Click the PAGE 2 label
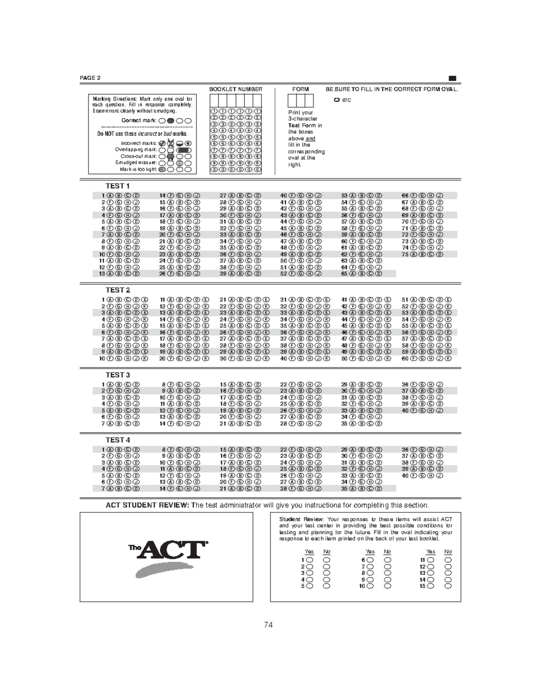coord(90,78)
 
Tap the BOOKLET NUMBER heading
coord(236,89)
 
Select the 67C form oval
coord(337,100)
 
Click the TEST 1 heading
coord(118,186)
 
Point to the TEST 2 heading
coord(118,290)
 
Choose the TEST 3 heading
coord(118,375)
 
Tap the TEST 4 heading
coord(118,440)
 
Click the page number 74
coord(268,625)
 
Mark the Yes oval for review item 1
coord(310,560)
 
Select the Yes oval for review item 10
coord(370,586)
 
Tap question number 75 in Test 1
coord(405,254)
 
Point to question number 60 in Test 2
coord(405,358)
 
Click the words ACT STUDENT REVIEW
coord(148,505)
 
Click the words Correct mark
coord(139,120)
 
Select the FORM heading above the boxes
coord(300,89)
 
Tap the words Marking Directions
coord(115,99)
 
